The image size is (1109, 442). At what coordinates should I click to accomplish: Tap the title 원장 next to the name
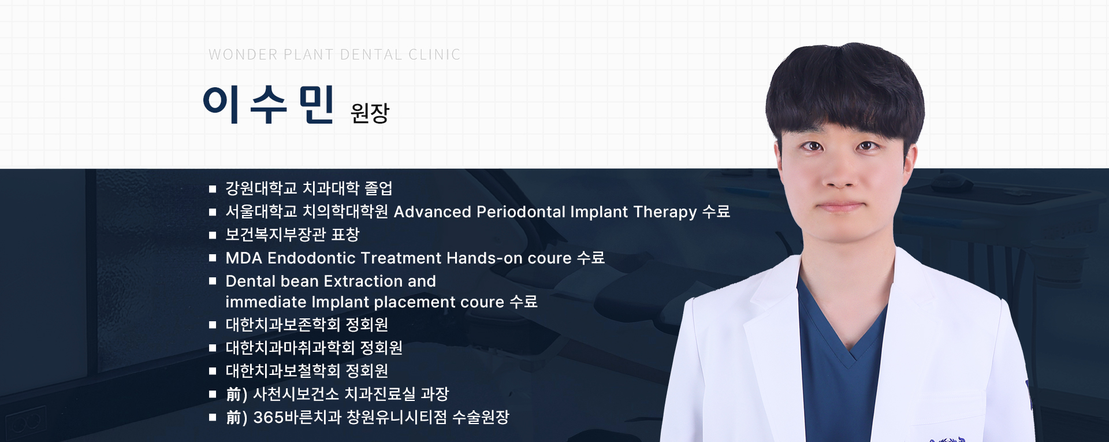(370, 113)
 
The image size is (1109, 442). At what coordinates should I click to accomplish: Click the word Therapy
(665, 213)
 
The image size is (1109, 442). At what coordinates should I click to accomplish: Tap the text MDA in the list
(244, 258)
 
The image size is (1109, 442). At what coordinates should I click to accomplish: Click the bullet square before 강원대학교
(213, 189)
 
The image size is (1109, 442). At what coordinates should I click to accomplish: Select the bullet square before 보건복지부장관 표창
(213, 235)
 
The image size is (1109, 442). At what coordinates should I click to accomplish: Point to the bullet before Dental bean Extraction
(213, 281)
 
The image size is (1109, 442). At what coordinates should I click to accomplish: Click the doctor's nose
(840, 173)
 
